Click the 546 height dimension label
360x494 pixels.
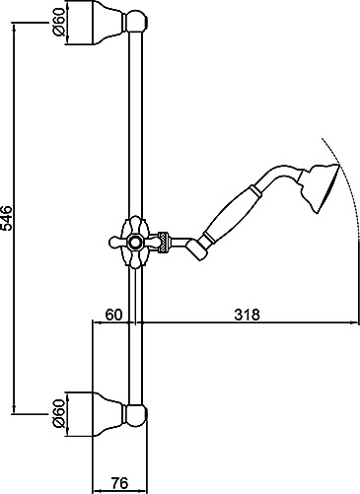tap(7, 218)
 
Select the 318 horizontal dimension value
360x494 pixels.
tap(247, 315)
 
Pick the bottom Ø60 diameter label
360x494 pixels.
tap(58, 413)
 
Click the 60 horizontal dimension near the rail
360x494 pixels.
tap(113, 315)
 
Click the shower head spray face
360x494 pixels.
tap(328, 188)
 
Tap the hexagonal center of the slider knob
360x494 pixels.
tap(134, 243)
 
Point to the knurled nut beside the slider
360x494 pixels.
tap(164, 243)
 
